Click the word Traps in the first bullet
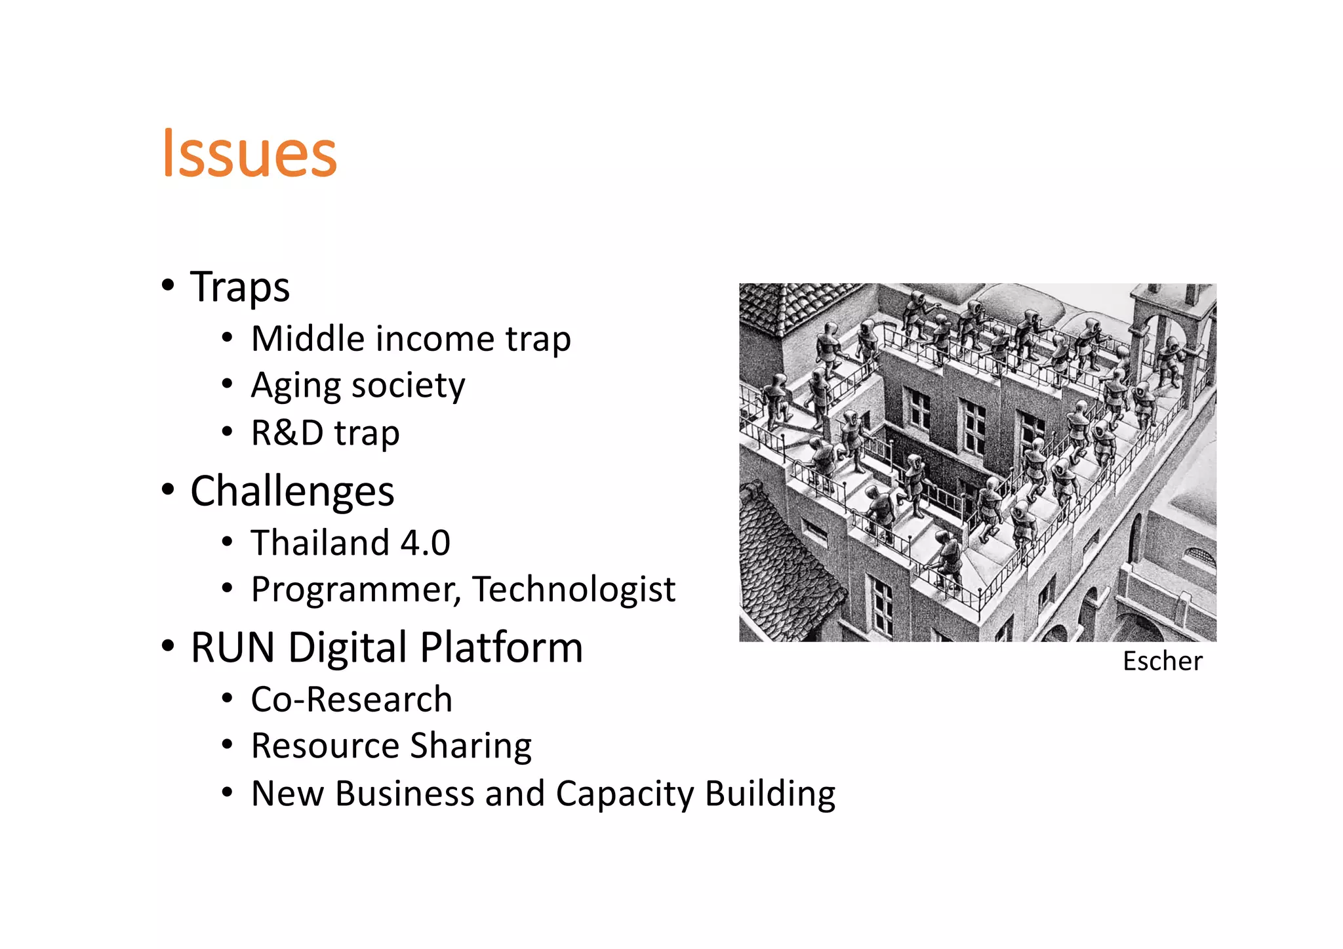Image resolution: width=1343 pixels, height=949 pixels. (x=240, y=287)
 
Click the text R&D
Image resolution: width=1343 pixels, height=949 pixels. (x=287, y=433)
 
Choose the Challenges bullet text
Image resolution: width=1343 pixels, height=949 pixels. (x=292, y=491)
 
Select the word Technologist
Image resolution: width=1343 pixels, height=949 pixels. (x=574, y=589)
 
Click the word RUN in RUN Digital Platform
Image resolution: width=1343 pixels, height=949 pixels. (x=233, y=647)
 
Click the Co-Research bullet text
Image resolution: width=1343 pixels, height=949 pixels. (x=351, y=699)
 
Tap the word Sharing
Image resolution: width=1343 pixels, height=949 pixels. (x=471, y=746)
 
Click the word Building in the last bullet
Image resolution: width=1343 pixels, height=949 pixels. (x=771, y=794)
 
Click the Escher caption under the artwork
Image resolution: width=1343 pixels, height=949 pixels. (x=1163, y=661)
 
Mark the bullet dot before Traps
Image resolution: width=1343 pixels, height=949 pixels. (x=168, y=285)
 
